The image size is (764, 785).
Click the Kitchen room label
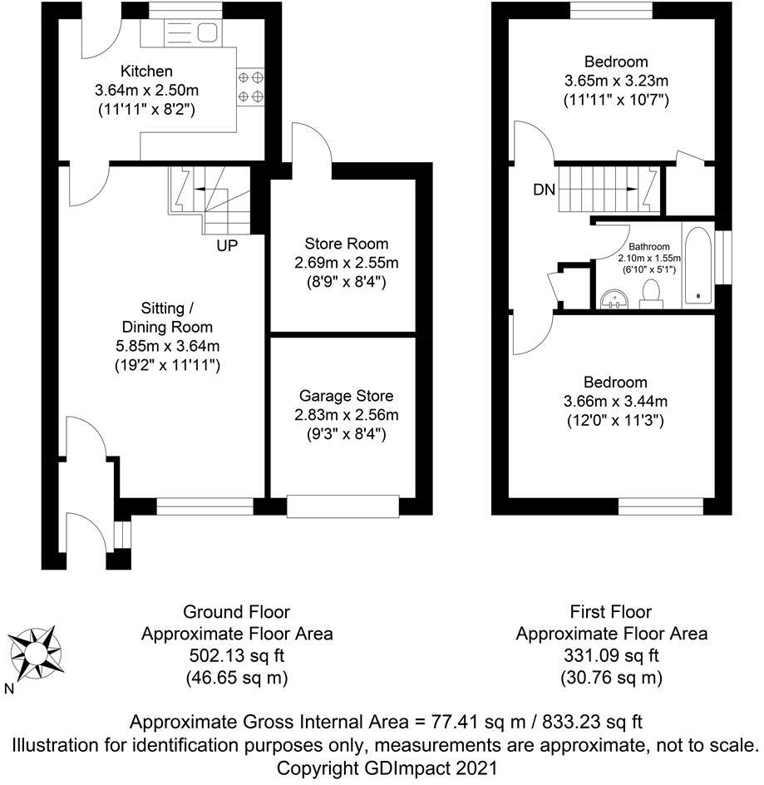[x=146, y=71]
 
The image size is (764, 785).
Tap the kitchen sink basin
[x=207, y=33]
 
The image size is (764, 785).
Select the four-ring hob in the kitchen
[x=250, y=86]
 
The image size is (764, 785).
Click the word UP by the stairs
[x=227, y=246]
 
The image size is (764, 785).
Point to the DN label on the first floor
[x=545, y=190]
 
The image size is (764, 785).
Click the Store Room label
[x=347, y=244]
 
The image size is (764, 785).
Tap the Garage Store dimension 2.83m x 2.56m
[x=347, y=415]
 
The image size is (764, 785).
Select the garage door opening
[x=343, y=506]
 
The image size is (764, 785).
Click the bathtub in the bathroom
[x=698, y=265]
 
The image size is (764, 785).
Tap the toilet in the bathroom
[x=651, y=294]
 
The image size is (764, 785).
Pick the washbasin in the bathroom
[x=615, y=299]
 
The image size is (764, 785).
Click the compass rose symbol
[x=35, y=653]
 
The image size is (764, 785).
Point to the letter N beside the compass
[x=9, y=689]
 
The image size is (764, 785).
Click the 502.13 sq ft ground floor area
[x=236, y=655]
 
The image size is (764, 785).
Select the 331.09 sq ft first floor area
[x=611, y=655]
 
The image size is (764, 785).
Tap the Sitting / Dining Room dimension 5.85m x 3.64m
[x=167, y=346]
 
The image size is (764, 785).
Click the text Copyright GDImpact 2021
[x=387, y=768]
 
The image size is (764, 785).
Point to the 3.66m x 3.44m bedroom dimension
[x=615, y=401]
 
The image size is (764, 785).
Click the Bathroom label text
[x=648, y=246]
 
